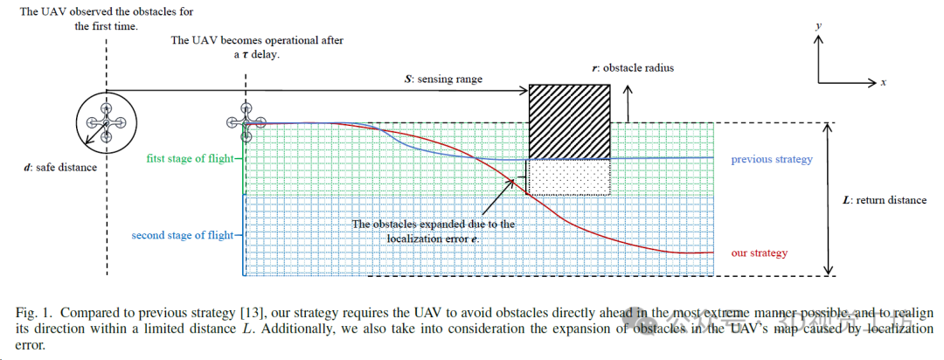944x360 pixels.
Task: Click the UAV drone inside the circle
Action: pos(106,123)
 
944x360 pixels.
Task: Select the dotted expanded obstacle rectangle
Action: pos(568,177)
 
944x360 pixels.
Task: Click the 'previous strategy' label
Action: pos(772,159)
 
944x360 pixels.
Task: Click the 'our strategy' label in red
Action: pos(759,253)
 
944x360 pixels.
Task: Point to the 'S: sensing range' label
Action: pos(443,79)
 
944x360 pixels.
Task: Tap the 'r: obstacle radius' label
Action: pos(633,67)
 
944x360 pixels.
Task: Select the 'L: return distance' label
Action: pos(884,200)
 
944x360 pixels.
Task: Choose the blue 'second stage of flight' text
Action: pos(183,235)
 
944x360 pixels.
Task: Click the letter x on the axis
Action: pos(884,82)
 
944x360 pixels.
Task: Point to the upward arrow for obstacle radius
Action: pos(628,101)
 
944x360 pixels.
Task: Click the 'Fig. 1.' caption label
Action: pos(34,313)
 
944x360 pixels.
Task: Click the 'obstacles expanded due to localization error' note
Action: pos(434,231)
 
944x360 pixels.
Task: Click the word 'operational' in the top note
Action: pos(289,40)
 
